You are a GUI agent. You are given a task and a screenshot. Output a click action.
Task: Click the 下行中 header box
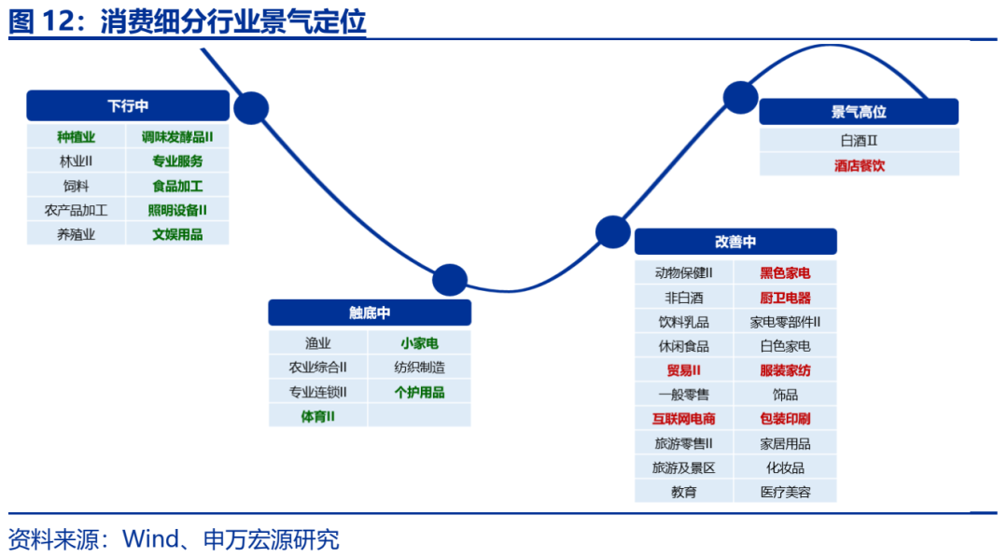[128, 105]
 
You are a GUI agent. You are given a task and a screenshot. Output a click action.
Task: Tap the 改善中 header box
[735, 242]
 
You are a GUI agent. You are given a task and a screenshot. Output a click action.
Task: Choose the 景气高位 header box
[859, 112]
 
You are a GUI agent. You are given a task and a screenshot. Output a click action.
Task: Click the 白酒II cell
[859, 141]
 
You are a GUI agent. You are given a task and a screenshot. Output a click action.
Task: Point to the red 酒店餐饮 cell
[859, 165]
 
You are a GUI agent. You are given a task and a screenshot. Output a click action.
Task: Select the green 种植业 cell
[77, 137]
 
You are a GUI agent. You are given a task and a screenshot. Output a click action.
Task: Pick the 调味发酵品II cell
[177, 137]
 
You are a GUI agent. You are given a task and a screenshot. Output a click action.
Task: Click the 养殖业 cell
[77, 234]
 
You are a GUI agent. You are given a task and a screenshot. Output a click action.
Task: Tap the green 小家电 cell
[419, 343]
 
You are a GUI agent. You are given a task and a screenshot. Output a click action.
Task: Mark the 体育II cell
[318, 416]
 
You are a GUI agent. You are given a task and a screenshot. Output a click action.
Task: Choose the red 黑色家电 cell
[785, 273]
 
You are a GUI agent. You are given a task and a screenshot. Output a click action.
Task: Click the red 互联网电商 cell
[684, 419]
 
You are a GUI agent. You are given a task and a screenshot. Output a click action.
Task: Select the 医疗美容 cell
[785, 492]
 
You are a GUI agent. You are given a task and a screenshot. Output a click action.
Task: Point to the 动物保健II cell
[684, 273]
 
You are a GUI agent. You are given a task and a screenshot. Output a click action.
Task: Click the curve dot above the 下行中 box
[251, 108]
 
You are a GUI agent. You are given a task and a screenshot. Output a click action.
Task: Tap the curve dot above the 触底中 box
[450, 280]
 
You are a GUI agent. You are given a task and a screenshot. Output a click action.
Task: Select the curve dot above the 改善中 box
[613, 231]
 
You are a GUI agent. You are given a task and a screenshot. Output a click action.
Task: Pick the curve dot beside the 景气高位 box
[741, 97]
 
